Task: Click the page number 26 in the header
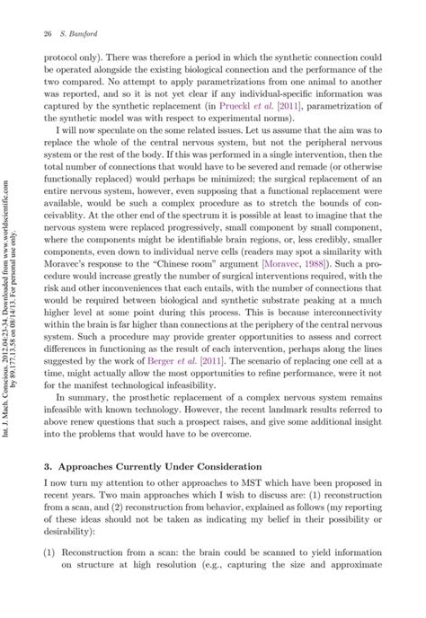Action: pyautogui.click(x=46, y=34)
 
